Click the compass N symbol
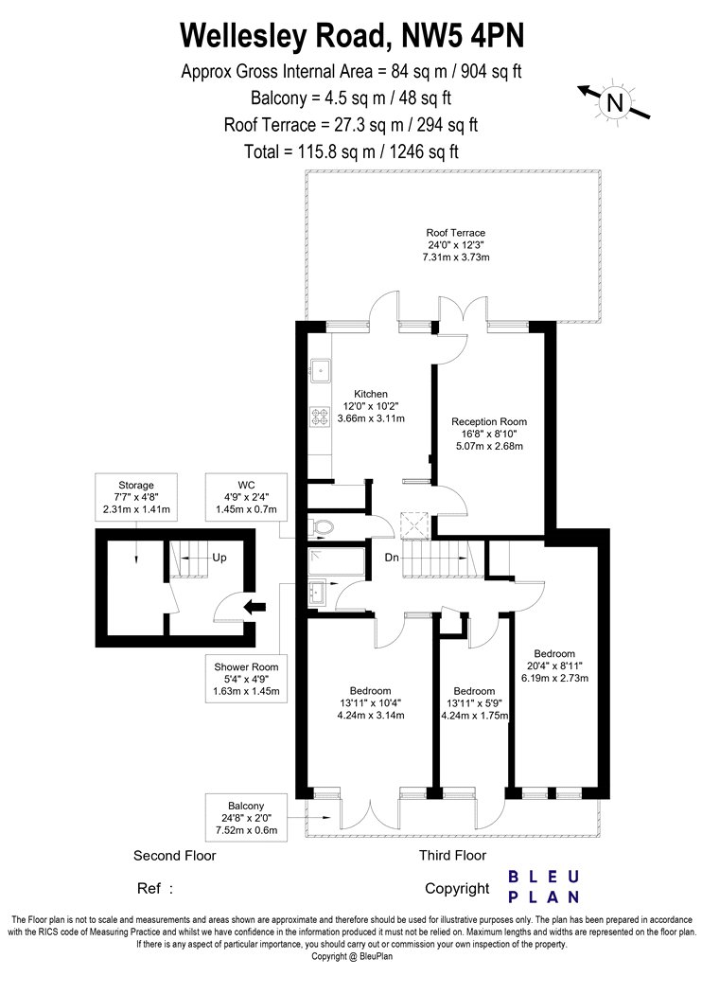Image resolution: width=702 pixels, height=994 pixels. tap(614, 101)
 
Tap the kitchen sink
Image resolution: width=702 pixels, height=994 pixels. tap(320, 370)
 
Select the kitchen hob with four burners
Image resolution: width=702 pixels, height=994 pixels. tap(320, 416)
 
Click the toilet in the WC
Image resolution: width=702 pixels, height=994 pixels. tap(322, 526)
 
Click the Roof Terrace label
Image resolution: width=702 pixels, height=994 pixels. tap(455, 244)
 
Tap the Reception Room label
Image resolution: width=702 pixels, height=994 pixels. tap(489, 434)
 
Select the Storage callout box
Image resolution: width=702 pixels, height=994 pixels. tap(136, 498)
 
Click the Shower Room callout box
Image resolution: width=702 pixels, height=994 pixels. tap(247, 679)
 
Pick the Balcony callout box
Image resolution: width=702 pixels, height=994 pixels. tap(247, 818)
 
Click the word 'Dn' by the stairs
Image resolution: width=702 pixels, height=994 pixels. tap(392, 558)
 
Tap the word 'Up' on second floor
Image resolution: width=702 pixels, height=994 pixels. tap(219, 558)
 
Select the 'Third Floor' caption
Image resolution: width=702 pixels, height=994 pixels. tap(452, 855)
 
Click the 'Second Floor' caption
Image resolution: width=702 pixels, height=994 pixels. tap(175, 856)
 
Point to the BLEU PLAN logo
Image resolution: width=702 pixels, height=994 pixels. tap(544, 887)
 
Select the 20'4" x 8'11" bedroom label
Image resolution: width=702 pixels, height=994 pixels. tap(554, 666)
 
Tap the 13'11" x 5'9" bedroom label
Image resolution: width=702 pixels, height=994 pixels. tap(475, 703)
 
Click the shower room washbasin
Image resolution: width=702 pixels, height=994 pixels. tap(317, 594)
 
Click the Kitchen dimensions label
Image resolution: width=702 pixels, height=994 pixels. tap(371, 406)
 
